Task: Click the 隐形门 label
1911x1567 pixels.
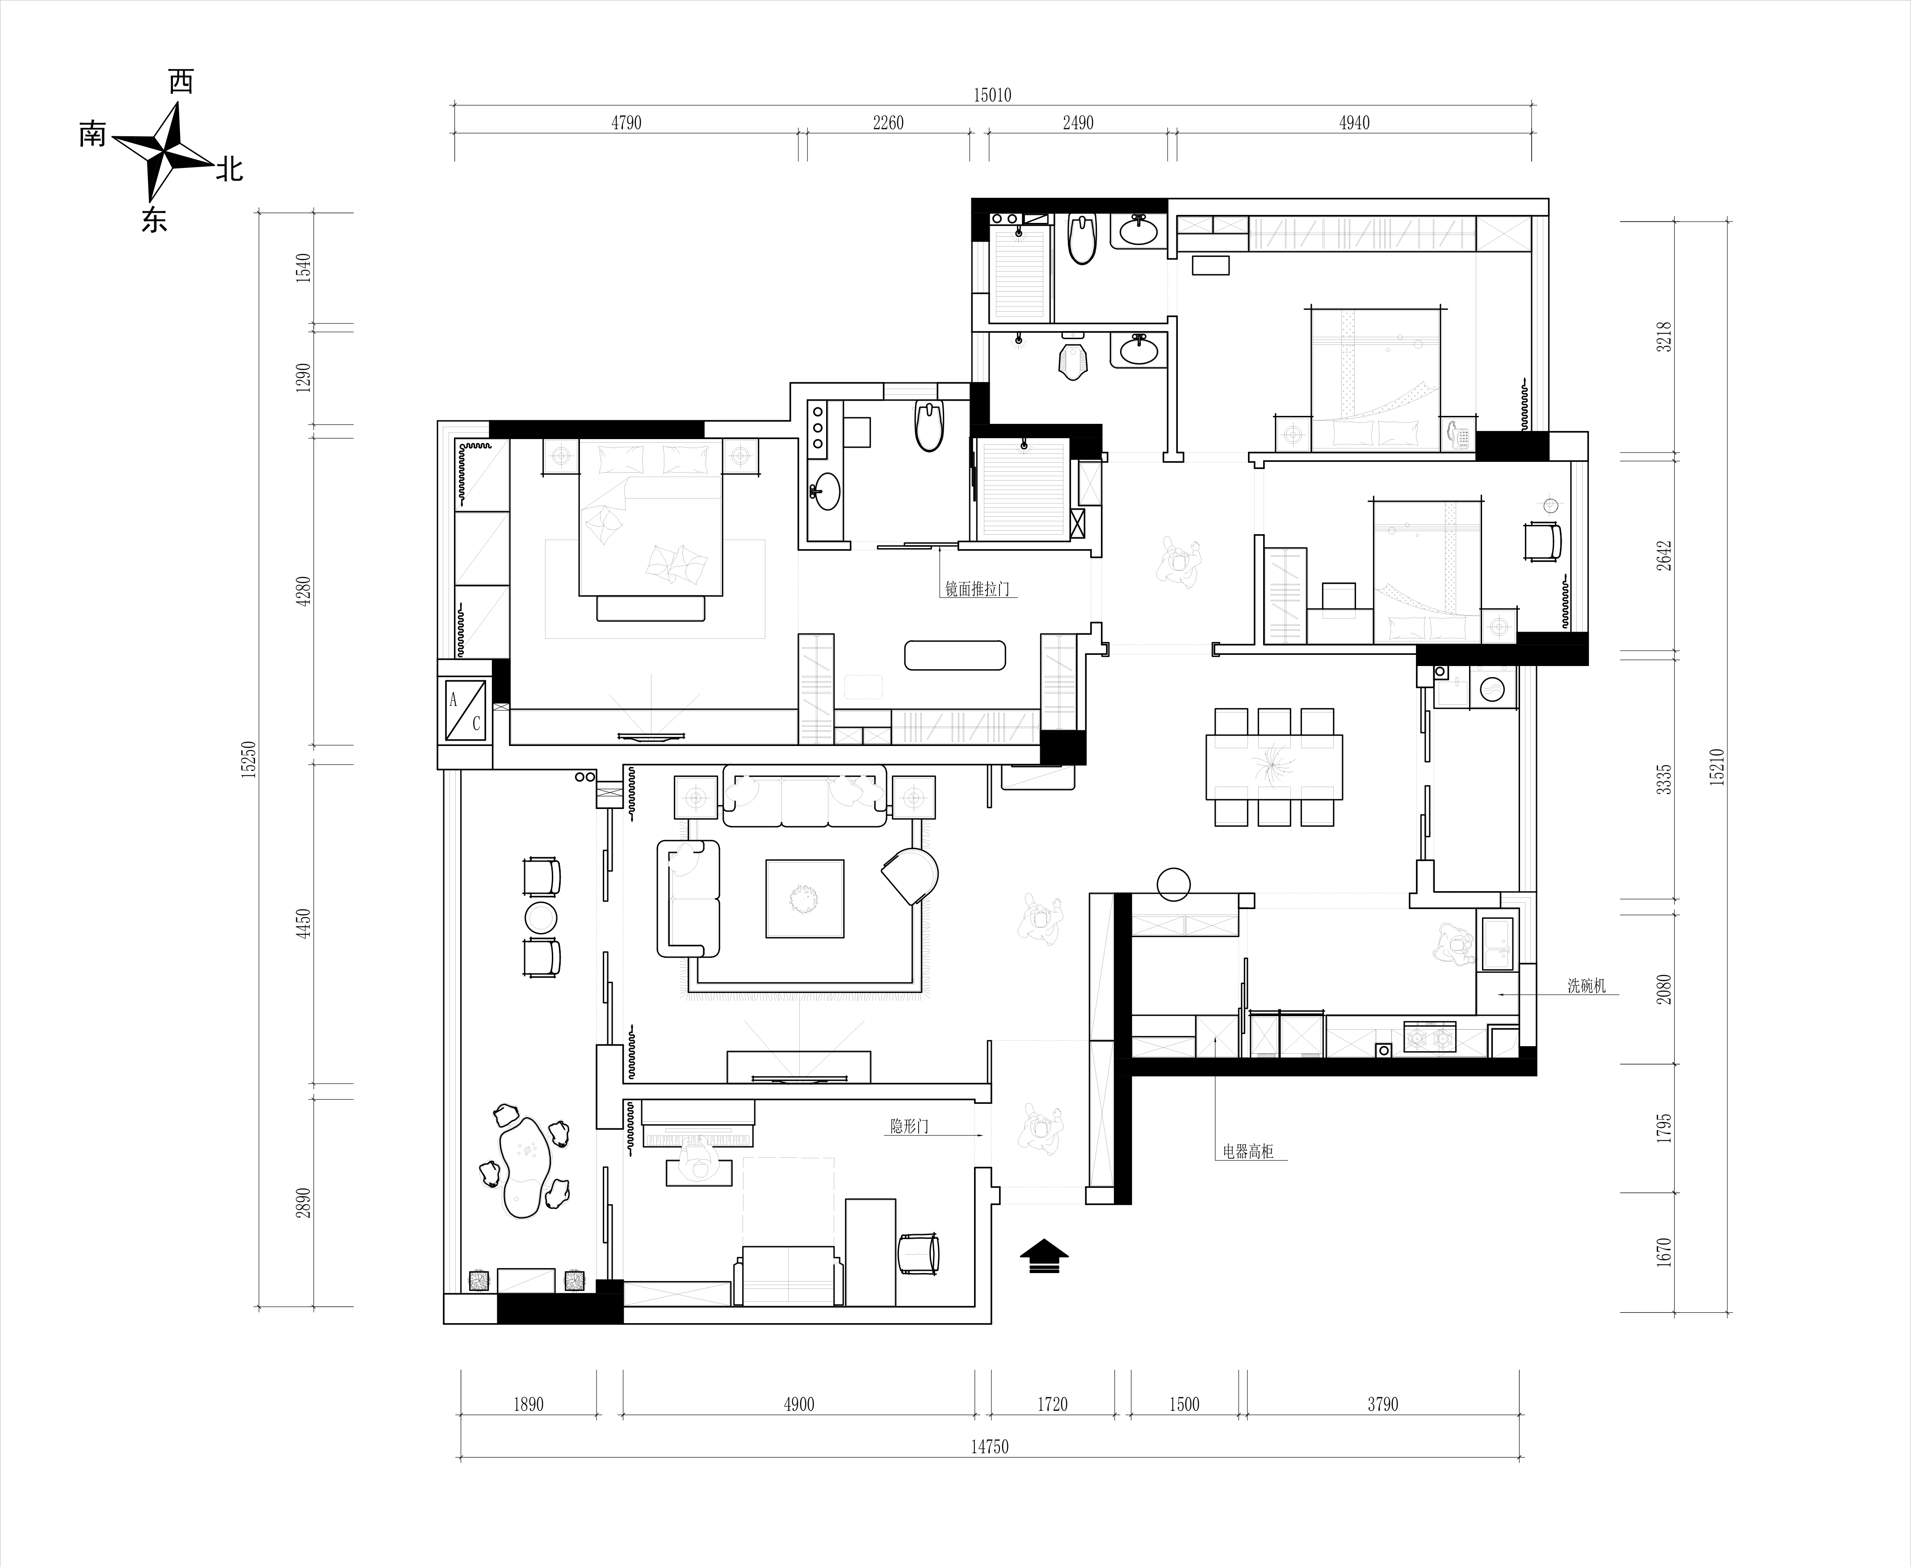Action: tap(909, 1127)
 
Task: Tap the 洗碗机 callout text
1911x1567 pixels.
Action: tap(1586, 986)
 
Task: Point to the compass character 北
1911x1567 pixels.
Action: tap(228, 168)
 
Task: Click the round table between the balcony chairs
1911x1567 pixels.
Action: tap(541, 917)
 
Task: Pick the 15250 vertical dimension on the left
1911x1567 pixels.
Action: tap(250, 759)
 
